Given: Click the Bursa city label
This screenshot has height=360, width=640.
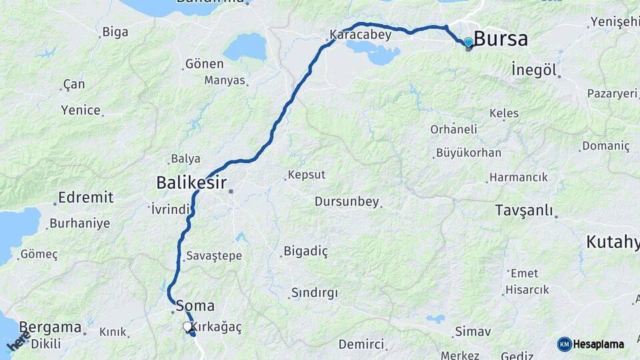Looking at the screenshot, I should [x=501, y=39].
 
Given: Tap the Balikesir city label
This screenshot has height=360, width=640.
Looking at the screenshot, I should [x=191, y=182].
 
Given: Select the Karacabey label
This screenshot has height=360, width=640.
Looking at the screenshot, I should [x=360, y=35].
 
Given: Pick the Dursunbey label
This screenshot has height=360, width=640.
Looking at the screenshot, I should [x=347, y=201].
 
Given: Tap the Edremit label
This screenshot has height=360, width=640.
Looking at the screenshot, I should [x=85, y=197].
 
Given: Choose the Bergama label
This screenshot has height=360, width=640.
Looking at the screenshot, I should [x=50, y=327].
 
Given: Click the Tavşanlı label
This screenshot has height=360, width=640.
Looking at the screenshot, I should [x=524, y=211].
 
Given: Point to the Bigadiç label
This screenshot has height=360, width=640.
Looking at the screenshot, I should [x=305, y=251].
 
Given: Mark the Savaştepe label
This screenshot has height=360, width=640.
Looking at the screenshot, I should [x=214, y=255].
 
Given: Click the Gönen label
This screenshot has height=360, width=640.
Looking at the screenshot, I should [x=205, y=63].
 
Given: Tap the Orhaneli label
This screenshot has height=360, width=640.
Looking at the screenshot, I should [x=453, y=129].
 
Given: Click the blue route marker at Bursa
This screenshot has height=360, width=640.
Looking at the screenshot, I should [x=468, y=43].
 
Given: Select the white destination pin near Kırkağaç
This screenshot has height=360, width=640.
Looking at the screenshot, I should [x=187, y=327].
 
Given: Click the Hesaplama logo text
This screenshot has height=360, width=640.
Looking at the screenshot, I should [x=599, y=345].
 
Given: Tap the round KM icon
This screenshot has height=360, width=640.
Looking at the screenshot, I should [x=565, y=345].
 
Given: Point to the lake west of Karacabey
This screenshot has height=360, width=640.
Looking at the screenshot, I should [x=245, y=47].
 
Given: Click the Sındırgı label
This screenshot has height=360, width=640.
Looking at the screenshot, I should [x=314, y=293].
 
